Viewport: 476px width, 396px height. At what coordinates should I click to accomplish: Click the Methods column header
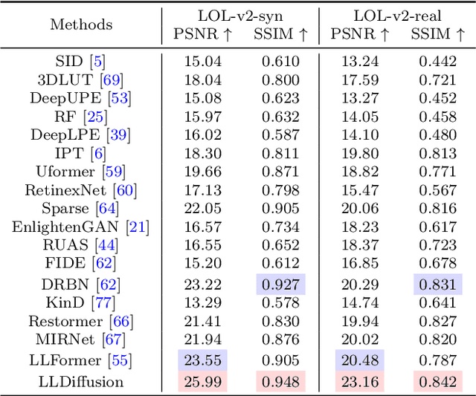[81, 25]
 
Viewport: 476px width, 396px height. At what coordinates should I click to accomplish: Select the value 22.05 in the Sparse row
[202, 209]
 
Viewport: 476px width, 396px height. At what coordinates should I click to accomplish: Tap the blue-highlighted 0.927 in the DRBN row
[281, 284]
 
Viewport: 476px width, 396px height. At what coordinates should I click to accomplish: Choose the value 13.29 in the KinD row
[202, 302]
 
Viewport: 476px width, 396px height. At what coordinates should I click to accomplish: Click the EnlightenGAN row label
[66, 227]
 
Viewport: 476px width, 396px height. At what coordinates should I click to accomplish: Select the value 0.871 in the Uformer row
[281, 172]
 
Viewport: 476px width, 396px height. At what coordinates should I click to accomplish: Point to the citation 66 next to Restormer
[122, 322]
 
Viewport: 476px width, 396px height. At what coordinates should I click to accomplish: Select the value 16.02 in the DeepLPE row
[202, 135]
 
